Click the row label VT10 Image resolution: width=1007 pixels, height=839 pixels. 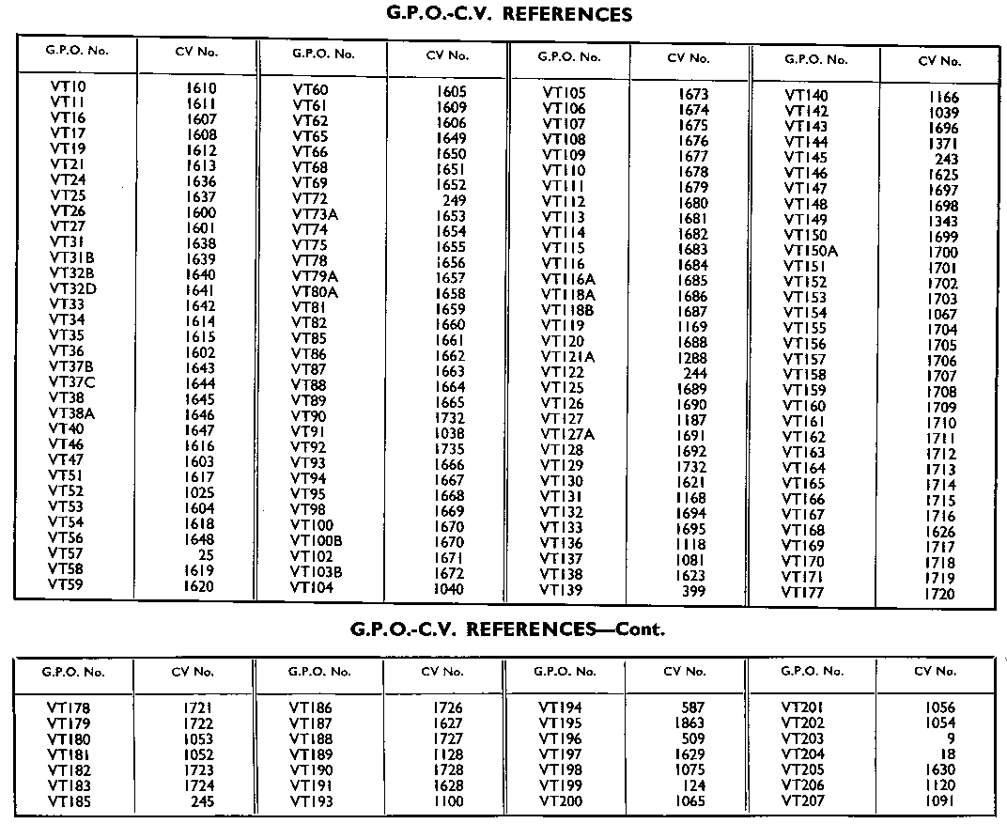tap(68, 87)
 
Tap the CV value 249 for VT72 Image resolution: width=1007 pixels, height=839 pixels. tap(454, 200)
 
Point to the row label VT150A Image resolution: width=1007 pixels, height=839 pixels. tap(811, 251)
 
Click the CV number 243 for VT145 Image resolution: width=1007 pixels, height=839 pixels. tap(946, 159)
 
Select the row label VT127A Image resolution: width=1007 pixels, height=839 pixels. tap(567, 434)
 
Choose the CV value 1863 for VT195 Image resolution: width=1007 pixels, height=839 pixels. tap(689, 723)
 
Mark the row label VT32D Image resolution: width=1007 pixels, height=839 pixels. tap(73, 289)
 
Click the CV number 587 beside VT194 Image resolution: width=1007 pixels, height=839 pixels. tap(693, 707)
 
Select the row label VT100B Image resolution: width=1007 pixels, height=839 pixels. tap(317, 541)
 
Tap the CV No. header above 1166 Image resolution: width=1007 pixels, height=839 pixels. tap(939, 61)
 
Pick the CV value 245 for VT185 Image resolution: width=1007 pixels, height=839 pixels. tap(201, 801)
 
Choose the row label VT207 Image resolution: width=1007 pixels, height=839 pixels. tap(803, 800)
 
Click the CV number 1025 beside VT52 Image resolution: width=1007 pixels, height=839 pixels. tap(200, 492)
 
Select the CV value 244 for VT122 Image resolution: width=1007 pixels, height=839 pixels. tap(695, 372)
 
